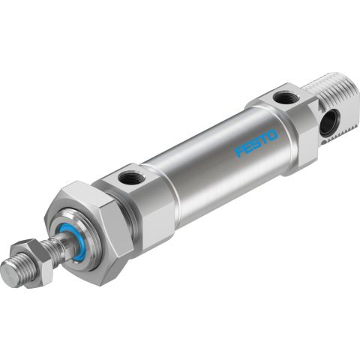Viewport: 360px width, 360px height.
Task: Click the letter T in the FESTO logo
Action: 264,139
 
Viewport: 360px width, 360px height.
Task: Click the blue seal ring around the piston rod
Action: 78,239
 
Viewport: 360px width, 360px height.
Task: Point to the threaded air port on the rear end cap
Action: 283,97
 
